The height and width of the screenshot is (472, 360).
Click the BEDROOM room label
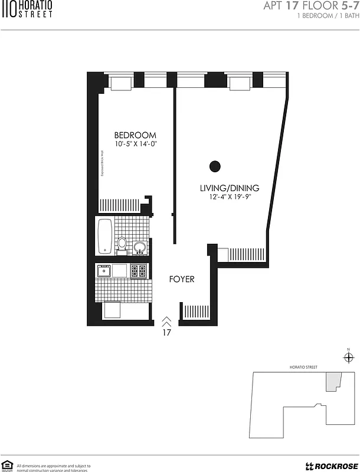(x=135, y=135)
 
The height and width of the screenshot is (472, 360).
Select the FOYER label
(x=182, y=279)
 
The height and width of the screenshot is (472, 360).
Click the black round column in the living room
(x=215, y=166)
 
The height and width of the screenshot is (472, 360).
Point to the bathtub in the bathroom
(x=105, y=234)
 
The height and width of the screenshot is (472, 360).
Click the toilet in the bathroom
(x=122, y=243)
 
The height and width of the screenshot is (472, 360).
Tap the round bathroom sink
(x=140, y=246)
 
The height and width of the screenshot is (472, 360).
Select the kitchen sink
(x=104, y=271)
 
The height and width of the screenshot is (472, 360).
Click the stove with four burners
(x=138, y=271)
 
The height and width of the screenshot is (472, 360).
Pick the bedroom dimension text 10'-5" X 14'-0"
(x=135, y=144)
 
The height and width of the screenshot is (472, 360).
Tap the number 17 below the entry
(x=167, y=332)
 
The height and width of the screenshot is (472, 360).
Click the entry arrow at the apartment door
(x=167, y=321)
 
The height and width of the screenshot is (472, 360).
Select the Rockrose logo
(x=328, y=464)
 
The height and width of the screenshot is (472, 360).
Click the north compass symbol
(x=348, y=357)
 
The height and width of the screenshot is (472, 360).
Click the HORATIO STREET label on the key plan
(x=303, y=368)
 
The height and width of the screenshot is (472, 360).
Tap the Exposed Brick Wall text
(x=102, y=162)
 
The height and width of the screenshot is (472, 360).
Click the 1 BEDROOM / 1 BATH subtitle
(x=326, y=17)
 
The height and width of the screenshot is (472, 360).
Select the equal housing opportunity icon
(x=8, y=466)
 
